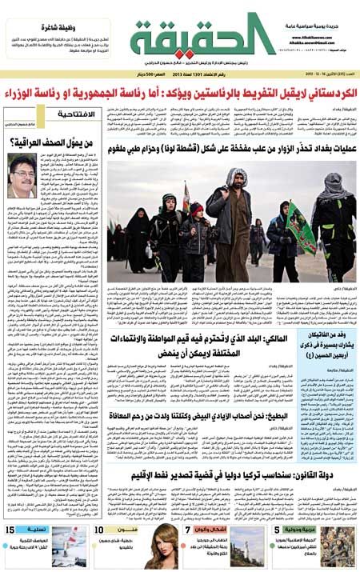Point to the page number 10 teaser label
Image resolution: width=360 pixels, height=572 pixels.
tap(99, 530)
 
